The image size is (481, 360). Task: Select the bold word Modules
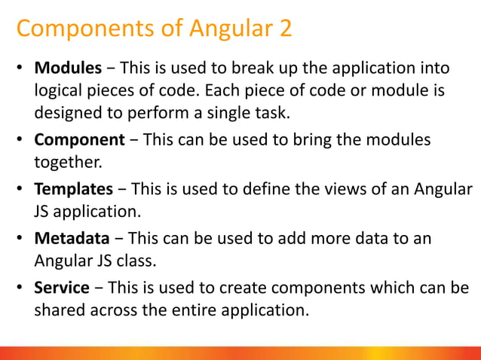click(x=68, y=69)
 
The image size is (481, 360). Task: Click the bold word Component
click(x=79, y=140)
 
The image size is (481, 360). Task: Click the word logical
click(x=59, y=92)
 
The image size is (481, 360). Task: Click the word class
click(x=153, y=261)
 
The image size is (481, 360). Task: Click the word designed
click(x=68, y=114)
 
